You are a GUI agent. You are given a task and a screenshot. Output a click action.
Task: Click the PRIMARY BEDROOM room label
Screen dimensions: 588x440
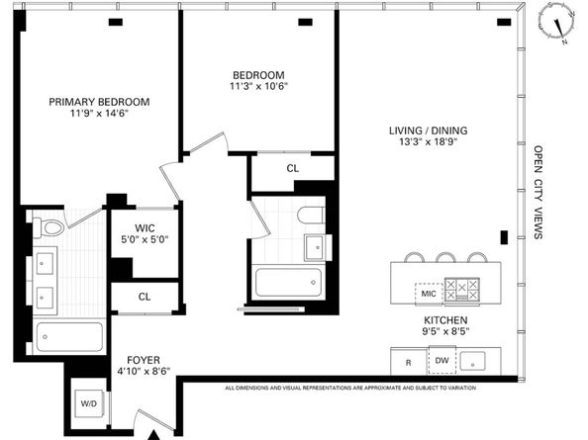coord(99,102)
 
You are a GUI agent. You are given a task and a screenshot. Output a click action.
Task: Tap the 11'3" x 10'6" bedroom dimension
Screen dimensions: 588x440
coord(258,86)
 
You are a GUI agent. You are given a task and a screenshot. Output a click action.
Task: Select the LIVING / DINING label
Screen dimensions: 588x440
coord(429,131)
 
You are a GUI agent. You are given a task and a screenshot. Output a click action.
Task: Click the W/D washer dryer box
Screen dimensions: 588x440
coord(89,403)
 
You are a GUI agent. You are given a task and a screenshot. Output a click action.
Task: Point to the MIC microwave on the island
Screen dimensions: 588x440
coord(429,294)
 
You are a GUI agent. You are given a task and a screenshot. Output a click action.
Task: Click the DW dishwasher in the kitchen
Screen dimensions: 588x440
coord(442,360)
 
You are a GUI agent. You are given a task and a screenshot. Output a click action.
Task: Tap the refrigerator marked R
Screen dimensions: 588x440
coord(409,362)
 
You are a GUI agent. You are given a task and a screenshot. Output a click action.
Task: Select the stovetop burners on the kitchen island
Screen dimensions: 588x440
coord(462,289)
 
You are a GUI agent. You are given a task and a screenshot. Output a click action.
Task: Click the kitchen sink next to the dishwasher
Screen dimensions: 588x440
coord(472,361)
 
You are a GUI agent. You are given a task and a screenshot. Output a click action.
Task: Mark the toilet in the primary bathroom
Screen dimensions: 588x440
coord(49,227)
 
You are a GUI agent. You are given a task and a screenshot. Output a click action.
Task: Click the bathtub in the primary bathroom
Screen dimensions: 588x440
coord(69,337)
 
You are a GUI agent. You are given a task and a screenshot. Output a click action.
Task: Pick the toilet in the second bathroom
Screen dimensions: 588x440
coord(311,216)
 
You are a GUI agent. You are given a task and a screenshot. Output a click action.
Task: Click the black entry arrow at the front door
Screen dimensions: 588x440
coord(153,435)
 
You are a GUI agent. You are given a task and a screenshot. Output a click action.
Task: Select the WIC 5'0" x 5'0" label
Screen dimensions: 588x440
coord(145,233)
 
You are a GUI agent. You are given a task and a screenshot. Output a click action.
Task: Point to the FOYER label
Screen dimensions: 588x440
coord(144,360)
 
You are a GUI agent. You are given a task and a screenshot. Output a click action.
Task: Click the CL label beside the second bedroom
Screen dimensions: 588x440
coord(293,168)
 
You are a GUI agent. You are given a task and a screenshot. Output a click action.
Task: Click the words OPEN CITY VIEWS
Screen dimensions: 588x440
coord(539,192)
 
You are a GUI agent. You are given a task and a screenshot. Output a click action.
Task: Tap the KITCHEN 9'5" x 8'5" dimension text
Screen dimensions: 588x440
coord(445,325)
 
